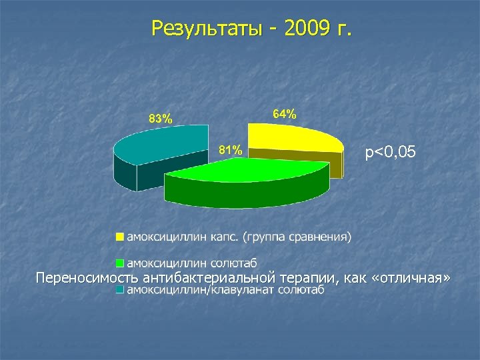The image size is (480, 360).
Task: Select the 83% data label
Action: pos(160,119)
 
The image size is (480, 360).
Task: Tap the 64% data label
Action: pos(285,115)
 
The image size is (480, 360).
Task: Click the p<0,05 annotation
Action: pos(391,153)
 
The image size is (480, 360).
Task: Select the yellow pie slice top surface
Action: pos(300,137)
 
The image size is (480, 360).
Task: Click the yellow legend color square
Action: pos(120,237)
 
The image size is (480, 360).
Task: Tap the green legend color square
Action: pos(120,261)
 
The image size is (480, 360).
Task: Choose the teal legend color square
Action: pos(120,290)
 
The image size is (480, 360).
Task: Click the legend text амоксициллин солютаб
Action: pos(193,261)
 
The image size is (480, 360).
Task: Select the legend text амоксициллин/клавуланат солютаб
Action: pos(225,290)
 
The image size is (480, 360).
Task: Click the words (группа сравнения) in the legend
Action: pos(297,237)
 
